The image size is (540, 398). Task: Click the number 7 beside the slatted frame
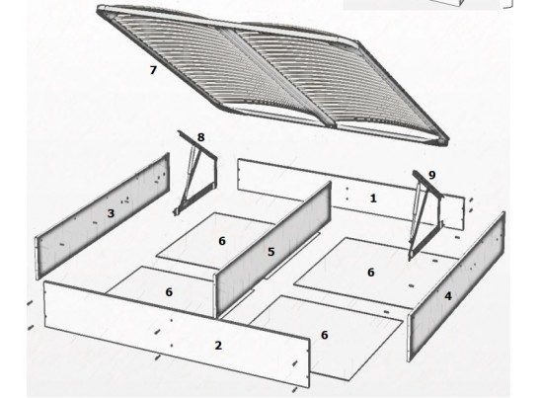coord(153,70)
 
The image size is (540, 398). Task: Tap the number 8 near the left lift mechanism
coord(200,137)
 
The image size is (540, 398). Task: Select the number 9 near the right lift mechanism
coord(431,175)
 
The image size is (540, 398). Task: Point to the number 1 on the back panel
coord(373,199)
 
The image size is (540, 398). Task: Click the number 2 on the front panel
coord(218,346)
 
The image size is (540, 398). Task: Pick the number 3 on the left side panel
coord(111,213)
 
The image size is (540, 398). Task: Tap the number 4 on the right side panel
coord(448,296)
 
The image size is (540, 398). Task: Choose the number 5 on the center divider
coord(271,252)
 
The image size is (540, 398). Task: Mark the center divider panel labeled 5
coord(272,250)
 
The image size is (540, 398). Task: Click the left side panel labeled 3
coord(103,216)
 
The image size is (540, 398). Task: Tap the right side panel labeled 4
coord(456,286)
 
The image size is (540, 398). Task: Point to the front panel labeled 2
coord(178,334)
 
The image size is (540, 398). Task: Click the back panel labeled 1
coord(351,194)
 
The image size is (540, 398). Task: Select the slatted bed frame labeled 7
coord(272,75)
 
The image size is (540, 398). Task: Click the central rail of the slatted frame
coord(277,76)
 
